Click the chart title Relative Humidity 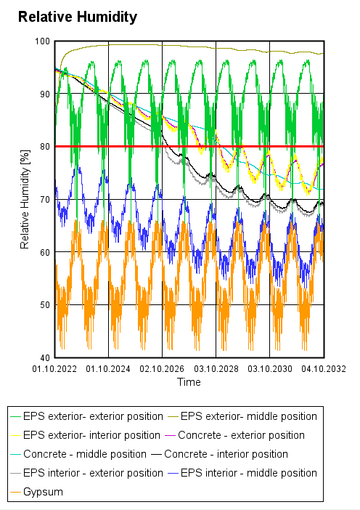click(x=77, y=17)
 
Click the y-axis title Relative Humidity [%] click(x=25, y=200)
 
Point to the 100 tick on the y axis click(x=43, y=41)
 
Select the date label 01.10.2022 click(x=55, y=369)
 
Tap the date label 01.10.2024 click(x=109, y=369)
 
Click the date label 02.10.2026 click(x=163, y=369)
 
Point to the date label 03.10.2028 click(x=216, y=369)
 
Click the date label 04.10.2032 click(x=323, y=369)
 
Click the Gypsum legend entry click(x=43, y=492)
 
